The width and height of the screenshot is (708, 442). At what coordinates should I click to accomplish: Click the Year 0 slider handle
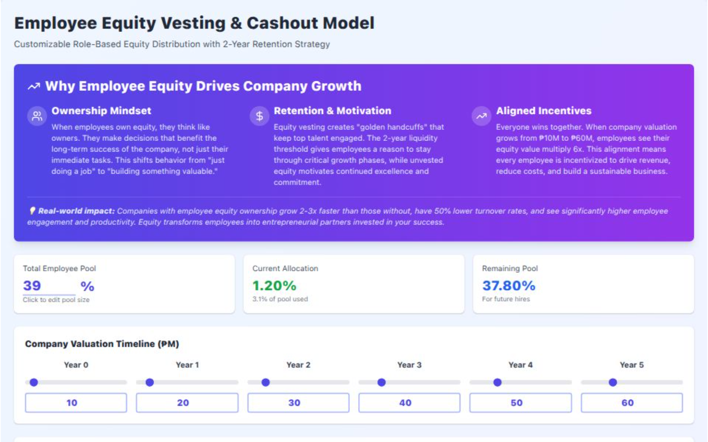coord(34,382)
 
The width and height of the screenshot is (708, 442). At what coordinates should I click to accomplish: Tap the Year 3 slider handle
coord(382,382)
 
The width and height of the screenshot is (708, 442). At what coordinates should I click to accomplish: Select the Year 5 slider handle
coord(613,382)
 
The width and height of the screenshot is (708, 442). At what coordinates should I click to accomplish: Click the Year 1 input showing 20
coord(187,403)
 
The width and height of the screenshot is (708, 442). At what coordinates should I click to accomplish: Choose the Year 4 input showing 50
coord(520,403)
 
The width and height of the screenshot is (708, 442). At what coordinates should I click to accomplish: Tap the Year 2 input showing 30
coord(298,403)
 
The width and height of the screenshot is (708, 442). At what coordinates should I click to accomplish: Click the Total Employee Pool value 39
coord(32,286)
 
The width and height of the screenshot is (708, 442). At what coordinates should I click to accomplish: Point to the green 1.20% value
coord(274,286)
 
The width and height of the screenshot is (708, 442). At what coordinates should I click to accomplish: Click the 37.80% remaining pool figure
coord(508,286)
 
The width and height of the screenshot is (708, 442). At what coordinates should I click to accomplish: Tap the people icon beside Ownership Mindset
coord(37,116)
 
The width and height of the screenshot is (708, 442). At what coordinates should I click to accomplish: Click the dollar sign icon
coord(260,116)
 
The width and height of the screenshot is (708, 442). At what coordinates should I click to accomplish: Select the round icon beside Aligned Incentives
coord(481,116)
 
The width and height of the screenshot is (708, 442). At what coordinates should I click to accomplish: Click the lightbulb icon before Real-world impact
coord(32,211)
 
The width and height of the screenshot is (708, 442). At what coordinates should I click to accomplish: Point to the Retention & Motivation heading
coord(332,110)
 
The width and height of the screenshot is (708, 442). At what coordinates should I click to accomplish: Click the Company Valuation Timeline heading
coord(102,344)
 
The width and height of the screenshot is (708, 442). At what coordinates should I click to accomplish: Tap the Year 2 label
coord(298,365)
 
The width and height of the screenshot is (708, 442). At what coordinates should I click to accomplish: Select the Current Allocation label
coord(285,268)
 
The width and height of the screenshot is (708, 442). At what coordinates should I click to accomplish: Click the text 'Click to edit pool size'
coord(56,300)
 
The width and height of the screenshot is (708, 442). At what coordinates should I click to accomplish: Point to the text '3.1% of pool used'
coord(280,299)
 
